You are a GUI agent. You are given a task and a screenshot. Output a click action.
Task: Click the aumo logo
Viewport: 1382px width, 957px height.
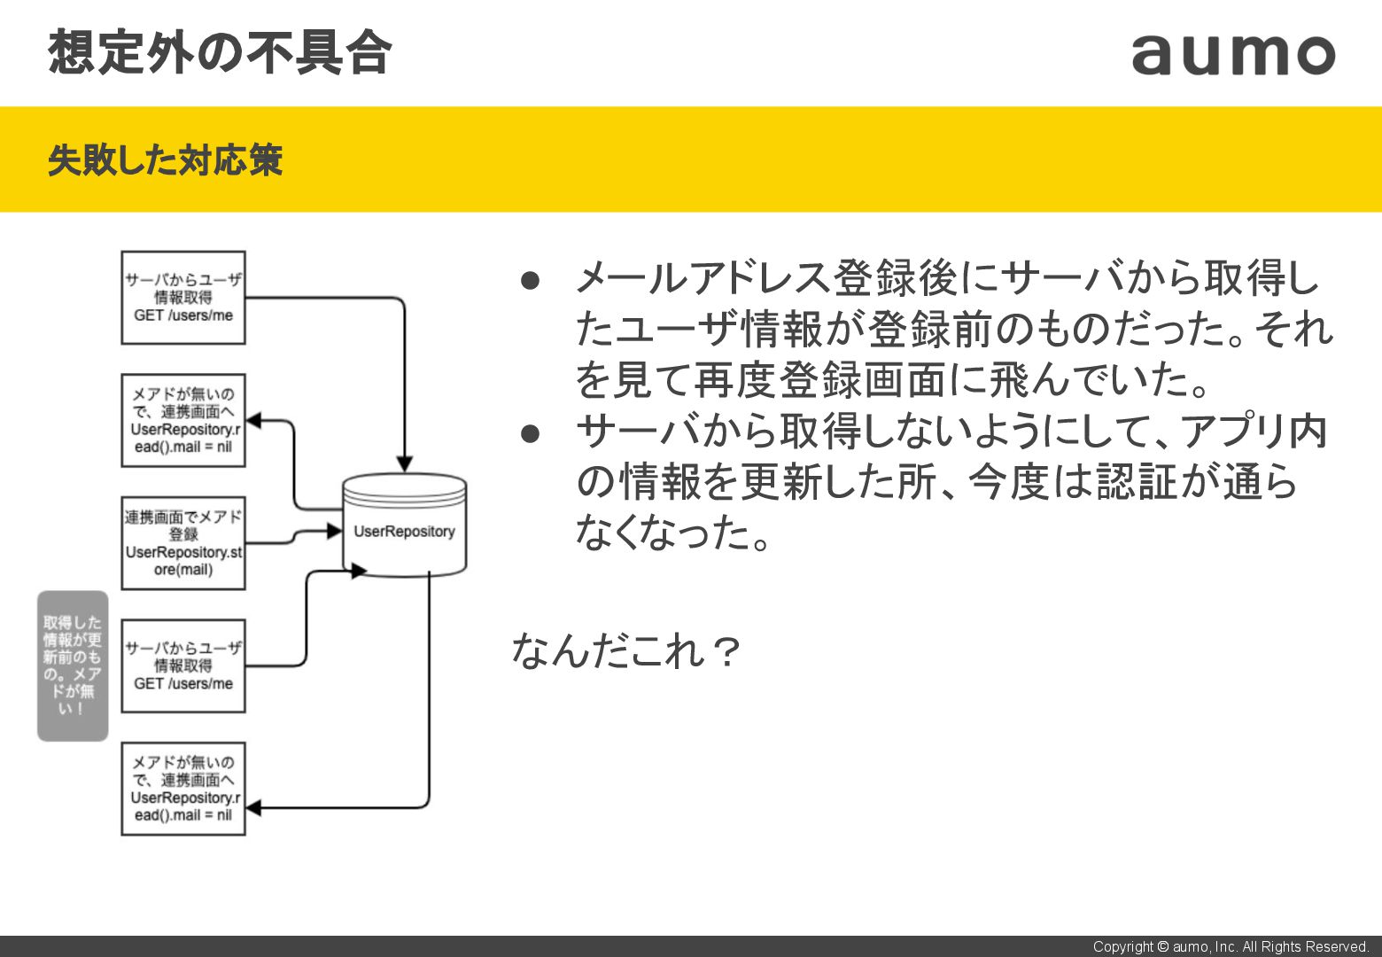tap(1232, 55)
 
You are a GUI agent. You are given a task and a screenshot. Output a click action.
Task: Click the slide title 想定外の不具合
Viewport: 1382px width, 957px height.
tap(220, 51)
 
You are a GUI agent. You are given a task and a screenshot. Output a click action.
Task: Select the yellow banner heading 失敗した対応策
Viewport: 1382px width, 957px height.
tap(165, 160)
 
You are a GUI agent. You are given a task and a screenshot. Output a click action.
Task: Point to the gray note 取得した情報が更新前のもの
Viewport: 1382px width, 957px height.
tap(73, 665)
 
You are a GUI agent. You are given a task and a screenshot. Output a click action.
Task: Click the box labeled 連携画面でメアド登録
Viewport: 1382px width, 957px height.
tap(183, 543)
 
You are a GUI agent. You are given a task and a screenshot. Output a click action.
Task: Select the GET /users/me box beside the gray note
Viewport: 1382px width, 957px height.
tap(183, 665)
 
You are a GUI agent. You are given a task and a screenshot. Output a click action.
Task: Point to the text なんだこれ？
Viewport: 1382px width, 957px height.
tap(625, 651)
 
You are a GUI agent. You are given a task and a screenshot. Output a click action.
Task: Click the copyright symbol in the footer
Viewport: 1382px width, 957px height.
tap(1162, 946)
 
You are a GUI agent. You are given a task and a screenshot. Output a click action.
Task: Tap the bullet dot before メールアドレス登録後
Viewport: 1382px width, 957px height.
tap(530, 281)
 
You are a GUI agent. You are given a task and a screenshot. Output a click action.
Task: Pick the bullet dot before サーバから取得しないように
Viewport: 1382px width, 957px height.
tap(530, 433)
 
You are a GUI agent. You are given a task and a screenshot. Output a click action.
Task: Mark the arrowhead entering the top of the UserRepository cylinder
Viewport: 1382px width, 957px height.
tap(404, 464)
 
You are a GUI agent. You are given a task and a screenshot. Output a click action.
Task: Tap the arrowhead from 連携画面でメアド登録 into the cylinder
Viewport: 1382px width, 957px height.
tap(334, 531)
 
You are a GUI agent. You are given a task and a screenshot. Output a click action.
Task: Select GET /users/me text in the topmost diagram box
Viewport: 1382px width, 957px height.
tap(183, 315)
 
